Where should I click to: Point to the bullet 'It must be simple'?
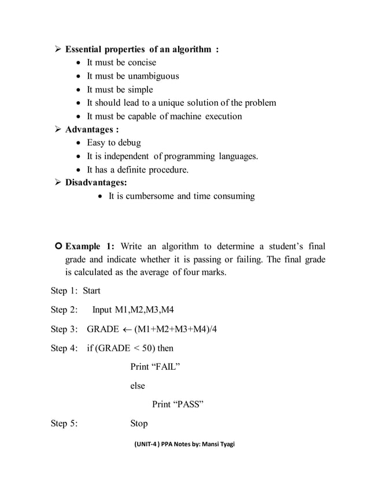coord(120,90)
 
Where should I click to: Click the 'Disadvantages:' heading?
coord(96,183)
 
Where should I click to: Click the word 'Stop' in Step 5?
coord(139,424)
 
